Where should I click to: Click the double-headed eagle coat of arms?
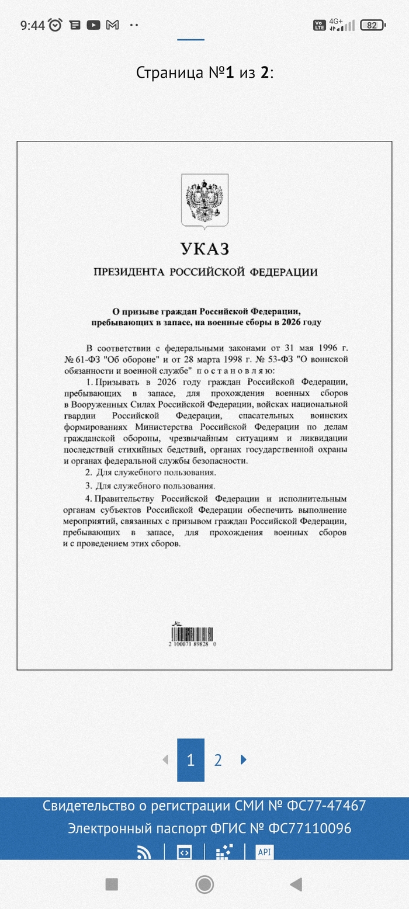[204, 200]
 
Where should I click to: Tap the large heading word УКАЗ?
[204, 249]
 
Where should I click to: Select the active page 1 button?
[190, 760]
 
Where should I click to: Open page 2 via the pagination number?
[218, 760]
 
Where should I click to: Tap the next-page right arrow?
[244, 759]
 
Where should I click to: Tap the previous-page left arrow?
[165, 759]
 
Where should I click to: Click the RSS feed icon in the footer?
[144, 852]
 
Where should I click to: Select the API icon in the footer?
[264, 852]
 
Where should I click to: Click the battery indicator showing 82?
[372, 25]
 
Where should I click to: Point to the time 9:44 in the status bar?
[32, 25]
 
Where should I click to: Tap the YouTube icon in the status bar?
[93, 25]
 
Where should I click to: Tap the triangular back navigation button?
[296, 884]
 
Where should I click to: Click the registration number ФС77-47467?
[326, 806]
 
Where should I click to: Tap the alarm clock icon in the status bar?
[56, 25]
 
